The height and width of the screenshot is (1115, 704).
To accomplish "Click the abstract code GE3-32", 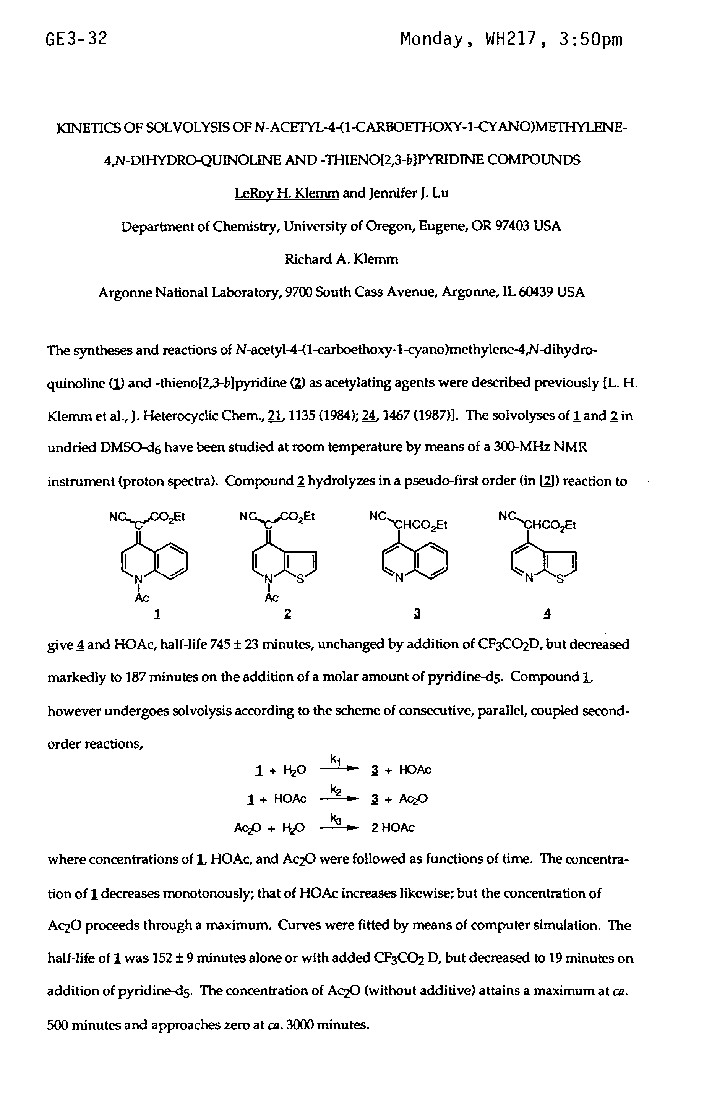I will click(x=76, y=40).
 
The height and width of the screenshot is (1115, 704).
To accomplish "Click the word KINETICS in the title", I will click(x=85, y=131).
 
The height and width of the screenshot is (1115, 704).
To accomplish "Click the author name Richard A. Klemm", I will click(x=341, y=260).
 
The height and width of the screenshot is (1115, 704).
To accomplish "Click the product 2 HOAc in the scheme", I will click(x=393, y=828).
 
